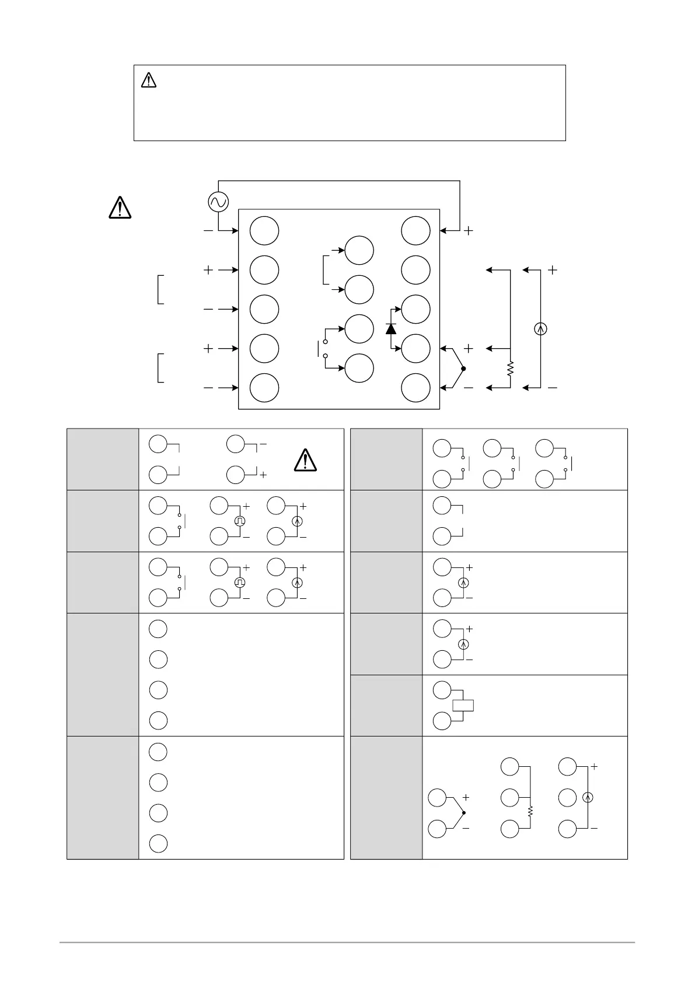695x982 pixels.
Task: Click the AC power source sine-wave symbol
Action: click(x=218, y=202)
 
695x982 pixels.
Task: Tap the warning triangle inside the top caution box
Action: click(x=149, y=80)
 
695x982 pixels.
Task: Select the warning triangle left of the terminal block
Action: click(x=120, y=208)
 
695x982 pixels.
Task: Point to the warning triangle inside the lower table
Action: click(x=305, y=460)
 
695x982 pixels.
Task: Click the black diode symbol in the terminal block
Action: click(x=391, y=328)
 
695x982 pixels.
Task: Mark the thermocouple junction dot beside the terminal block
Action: click(x=463, y=368)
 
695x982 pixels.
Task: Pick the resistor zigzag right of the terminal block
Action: click(x=510, y=369)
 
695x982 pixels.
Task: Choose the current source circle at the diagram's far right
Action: click(x=540, y=329)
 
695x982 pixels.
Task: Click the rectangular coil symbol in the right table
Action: click(x=463, y=705)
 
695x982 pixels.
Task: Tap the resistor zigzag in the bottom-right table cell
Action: click(x=530, y=811)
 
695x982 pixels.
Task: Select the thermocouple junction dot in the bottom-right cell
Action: click(x=463, y=812)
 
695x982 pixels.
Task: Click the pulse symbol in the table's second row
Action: click(x=239, y=521)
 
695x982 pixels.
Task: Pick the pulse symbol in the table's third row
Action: click(x=239, y=583)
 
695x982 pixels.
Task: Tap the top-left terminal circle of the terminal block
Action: click(x=264, y=231)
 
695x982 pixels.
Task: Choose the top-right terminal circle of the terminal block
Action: click(x=416, y=230)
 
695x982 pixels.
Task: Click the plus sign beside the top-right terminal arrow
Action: click(x=468, y=231)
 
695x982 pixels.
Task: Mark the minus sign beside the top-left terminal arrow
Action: click(x=208, y=231)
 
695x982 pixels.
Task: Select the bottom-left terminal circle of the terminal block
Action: click(x=264, y=388)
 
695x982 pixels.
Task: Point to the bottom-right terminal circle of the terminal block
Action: click(x=416, y=388)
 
